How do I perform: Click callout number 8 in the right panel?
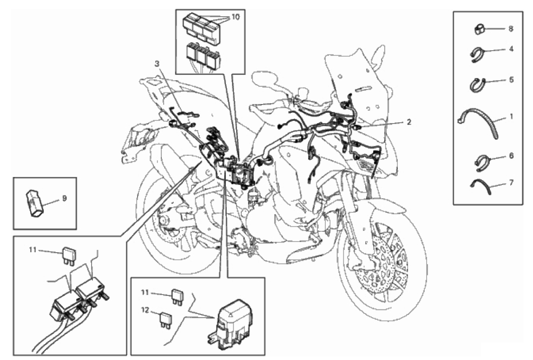(x=510, y=29)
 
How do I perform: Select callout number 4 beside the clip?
(x=511, y=48)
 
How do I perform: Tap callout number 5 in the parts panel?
(x=511, y=80)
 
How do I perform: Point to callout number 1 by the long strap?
(x=511, y=117)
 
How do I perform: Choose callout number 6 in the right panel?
(x=511, y=156)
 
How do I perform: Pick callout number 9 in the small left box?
(x=64, y=198)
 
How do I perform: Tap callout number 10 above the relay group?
(x=236, y=17)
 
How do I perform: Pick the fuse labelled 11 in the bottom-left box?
(x=68, y=255)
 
